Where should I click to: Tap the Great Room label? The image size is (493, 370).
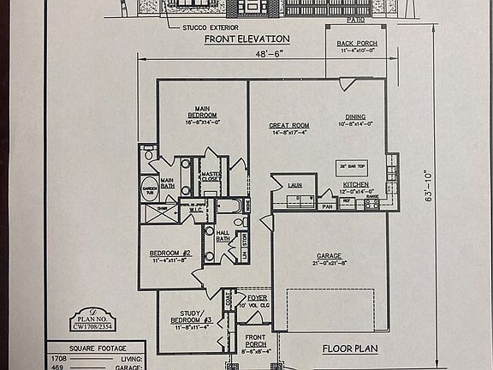coord(289,125)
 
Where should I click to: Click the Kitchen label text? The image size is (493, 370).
coord(355,184)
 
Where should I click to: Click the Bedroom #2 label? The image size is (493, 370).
coord(169,254)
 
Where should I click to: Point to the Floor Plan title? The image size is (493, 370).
coord(350,349)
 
